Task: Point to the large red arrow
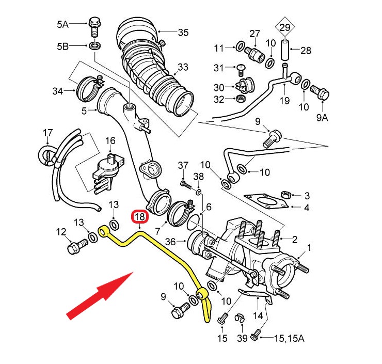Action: pyautogui.click(x=101, y=294)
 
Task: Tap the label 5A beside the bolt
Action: pyautogui.click(x=62, y=24)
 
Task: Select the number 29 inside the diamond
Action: pyautogui.click(x=285, y=27)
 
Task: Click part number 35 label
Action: pyautogui.click(x=183, y=33)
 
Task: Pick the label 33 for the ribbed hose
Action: pyautogui.click(x=183, y=67)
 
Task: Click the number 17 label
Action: pyautogui.click(x=47, y=133)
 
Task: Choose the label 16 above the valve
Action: pyautogui.click(x=110, y=140)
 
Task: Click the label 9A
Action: pyautogui.click(x=322, y=118)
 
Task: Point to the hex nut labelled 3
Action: pyautogui.click(x=286, y=195)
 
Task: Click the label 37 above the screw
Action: pyautogui.click(x=183, y=165)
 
